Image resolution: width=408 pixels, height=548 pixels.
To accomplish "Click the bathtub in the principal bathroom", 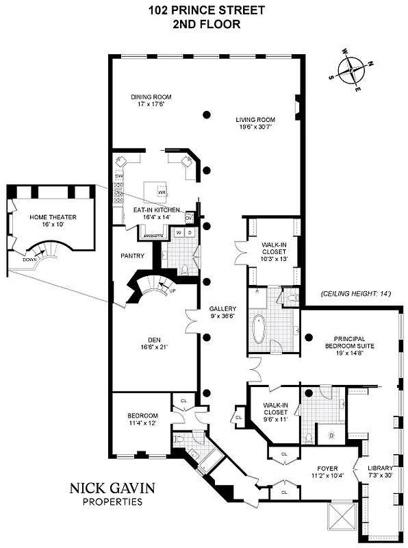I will pos(259,329).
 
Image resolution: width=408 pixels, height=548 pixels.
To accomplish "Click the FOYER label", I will pos(326,471).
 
